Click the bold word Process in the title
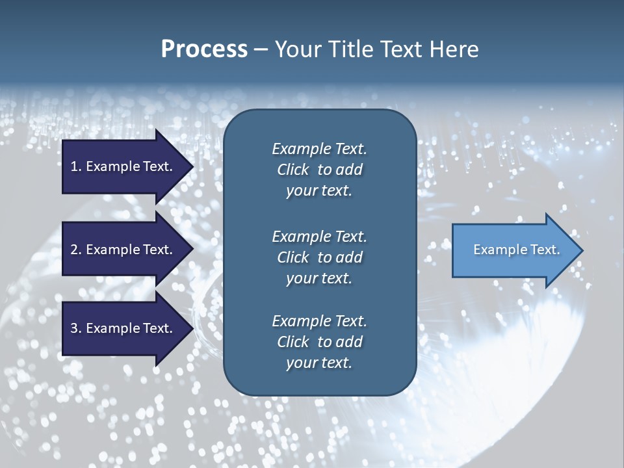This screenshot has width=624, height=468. [x=204, y=49]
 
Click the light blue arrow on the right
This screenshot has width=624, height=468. [x=513, y=250]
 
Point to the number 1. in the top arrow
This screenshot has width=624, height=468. [x=75, y=166]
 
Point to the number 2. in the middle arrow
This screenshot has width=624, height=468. [x=75, y=250]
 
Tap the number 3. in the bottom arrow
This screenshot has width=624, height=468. [x=75, y=328]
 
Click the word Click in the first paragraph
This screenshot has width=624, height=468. [x=293, y=170]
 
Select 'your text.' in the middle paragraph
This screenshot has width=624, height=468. [x=319, y=278]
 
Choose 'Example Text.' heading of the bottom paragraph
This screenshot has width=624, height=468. [x=319, y=321]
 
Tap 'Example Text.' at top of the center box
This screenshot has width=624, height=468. [x=319, y=149]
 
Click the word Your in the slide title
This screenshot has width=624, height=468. [x=296, y=49]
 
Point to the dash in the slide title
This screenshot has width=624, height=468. [x=261, y=50]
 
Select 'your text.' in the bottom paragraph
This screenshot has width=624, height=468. [x=319, y=363]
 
